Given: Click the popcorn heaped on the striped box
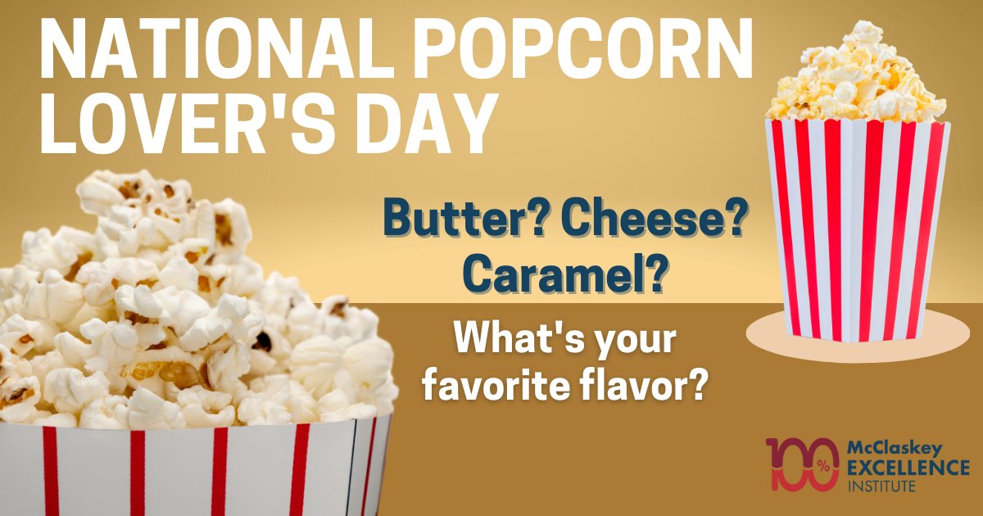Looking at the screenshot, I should point(857,78).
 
